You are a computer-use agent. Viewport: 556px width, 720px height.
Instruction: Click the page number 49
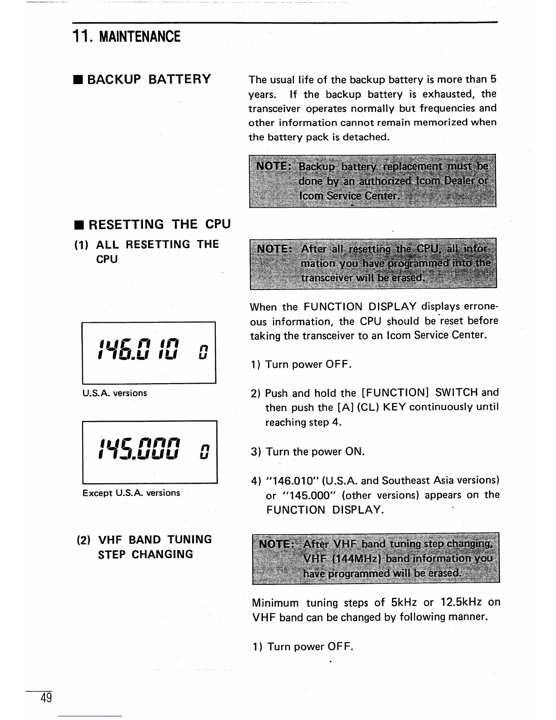pyautogui.click(x=46, y=697)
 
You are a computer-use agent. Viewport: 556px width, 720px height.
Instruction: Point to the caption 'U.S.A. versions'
pyautogui.click(x=114, y=393)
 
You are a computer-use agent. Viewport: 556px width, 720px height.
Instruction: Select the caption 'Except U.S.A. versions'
pyautogui.click(x=131, y=493)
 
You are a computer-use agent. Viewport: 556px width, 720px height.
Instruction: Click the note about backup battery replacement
pyautogui.click(x=372, y=181)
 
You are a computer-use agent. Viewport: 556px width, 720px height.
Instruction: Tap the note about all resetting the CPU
pyautogui.click(x=373, y=263)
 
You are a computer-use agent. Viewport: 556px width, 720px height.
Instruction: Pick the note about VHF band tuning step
pyautogui.click(x=376, y=558)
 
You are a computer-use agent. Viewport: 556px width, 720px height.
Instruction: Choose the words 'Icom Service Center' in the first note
pyautogui.click(x=349, y=196)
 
